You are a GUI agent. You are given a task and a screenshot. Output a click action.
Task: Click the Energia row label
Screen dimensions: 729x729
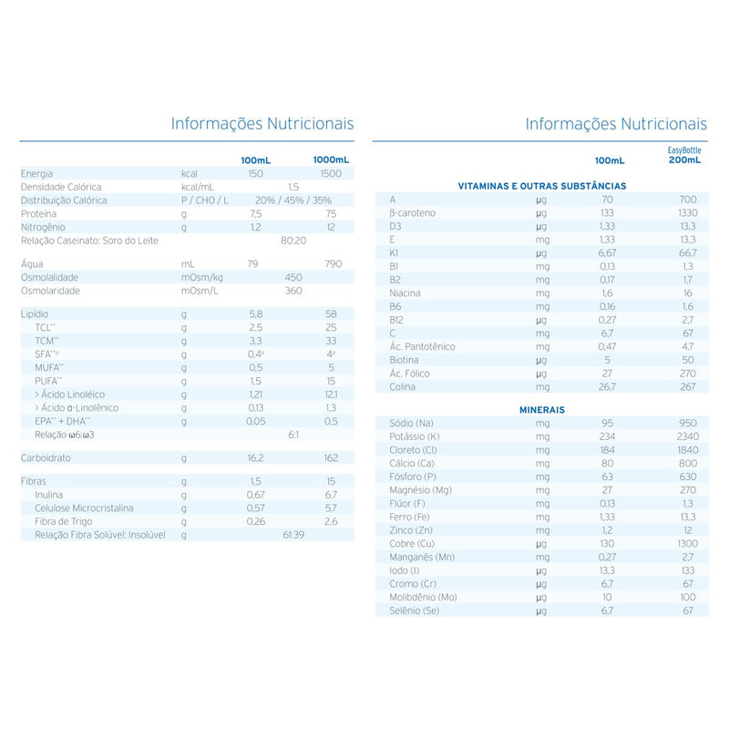click(x=37, y=173)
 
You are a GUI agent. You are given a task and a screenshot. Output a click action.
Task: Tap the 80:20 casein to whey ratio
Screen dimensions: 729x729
click(x=293, y=241)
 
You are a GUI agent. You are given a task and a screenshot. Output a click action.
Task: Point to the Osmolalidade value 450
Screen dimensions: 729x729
click(x=293, y=277)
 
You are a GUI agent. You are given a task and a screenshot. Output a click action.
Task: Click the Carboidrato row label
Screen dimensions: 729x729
click(x=46, y=457)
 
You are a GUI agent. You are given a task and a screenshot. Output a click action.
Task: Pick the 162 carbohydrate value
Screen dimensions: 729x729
click(x=330, y=457)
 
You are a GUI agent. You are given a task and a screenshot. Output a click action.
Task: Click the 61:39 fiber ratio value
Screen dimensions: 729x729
click(x=293, y=534)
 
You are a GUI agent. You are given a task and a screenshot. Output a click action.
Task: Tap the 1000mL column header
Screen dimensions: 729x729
click(x=331, y=159)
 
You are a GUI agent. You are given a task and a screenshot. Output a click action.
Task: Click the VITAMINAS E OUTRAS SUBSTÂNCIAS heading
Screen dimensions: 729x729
click(x=540, y=186)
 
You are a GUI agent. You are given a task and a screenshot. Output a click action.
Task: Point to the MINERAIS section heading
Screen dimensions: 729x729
click(x=541, y=410)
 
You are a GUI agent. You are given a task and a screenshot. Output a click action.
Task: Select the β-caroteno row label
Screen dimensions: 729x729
click(x=413, y=212)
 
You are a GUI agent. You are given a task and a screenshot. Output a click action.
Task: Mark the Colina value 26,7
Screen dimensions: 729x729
click(x=608, y=386)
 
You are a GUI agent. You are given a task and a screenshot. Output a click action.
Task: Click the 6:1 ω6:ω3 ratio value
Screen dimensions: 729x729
click(x=293, y=435)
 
